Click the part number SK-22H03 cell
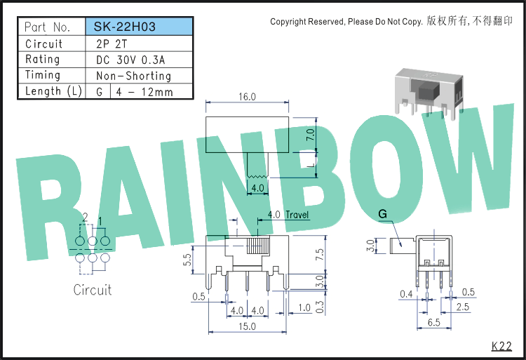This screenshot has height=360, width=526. pyautogui.click(x=139, y=27)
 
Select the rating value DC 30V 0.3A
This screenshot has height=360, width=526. pyautogui.click(x=130, y=60)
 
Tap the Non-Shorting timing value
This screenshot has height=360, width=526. pyautogui.click(x=133, y=76)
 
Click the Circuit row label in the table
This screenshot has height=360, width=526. pyautogui.click(x=44, y=44)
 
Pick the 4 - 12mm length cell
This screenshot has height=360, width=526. pyautogui.click(x=144, y=92)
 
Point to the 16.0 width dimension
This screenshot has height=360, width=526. pyautogui.click(x=248, y=97)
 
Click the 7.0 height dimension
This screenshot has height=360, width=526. pyautogui.click(x=311, y=135)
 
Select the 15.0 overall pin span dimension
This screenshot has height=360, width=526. pyautogui.click(x=248, y=326)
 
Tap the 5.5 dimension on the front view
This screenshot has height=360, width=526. pyautogui.click(x=187, y=260)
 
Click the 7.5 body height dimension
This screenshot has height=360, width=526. pyautogui.click(x=320, y=254)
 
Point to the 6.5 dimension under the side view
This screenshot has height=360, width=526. pyautogui.click(x=433, y=322)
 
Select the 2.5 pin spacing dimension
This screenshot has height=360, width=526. pyautogui.click(x=463, y=307)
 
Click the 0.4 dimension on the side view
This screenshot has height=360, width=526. pyautogui.click(x=406, y=294)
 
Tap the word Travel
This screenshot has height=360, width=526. pyautogui.click(x=297, y=215)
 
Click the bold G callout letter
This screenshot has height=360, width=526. pyautogui.click(x=382, y=214)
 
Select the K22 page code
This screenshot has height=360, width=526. pyautogui.click(x=502, y=346)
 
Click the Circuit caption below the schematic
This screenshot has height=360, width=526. pyautogui.click(x=93, y=290)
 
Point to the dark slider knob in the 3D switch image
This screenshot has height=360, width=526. pyautogui.click(x=428, y=90)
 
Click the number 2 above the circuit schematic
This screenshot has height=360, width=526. pyautogui.click(x=85, y=218)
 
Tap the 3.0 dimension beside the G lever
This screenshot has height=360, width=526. pyautogui.click(x=370, y=246)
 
